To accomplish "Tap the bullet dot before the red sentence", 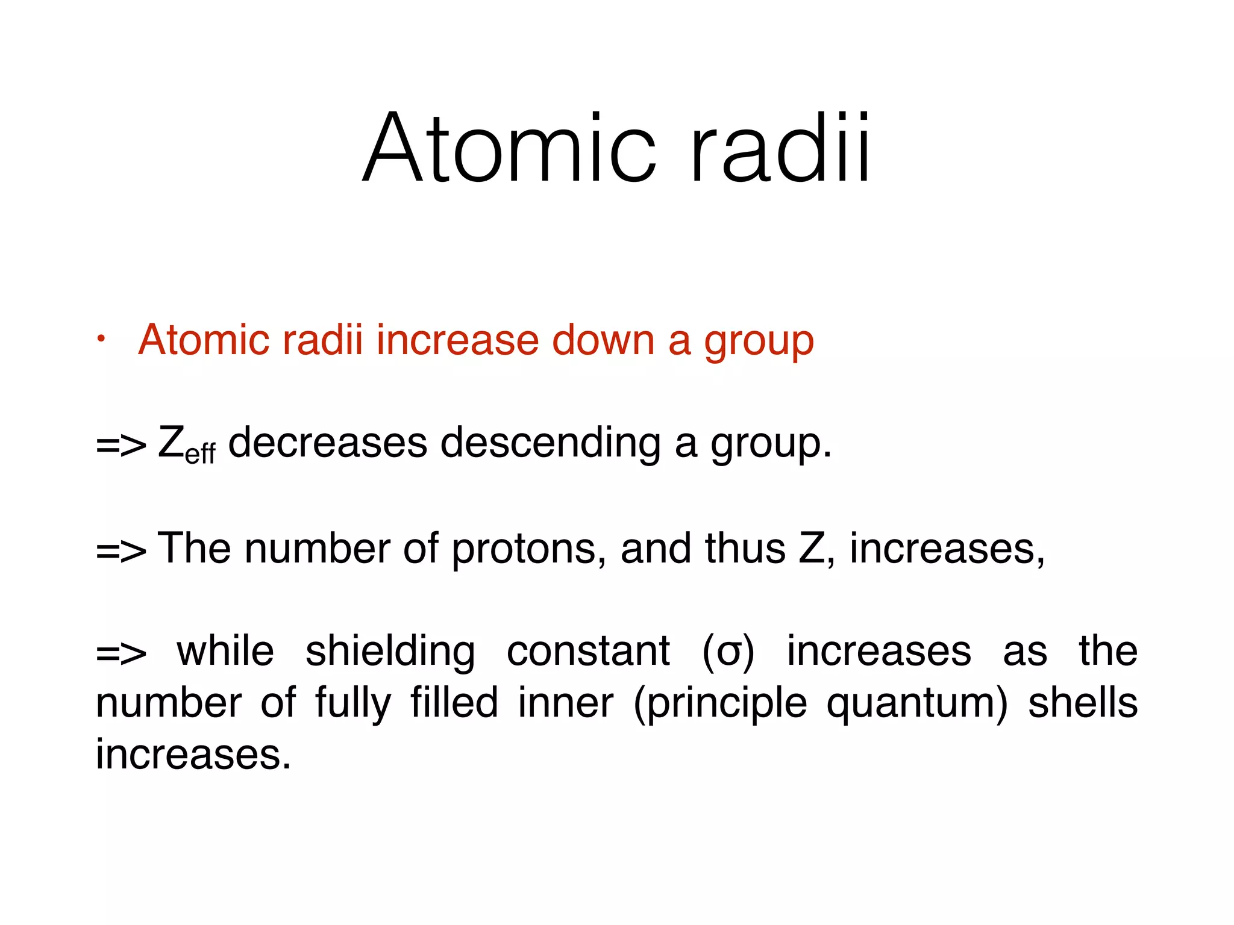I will point(102,340).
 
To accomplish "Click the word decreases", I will point(328,443).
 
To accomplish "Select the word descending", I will point(551,444).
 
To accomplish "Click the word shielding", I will point(390,652).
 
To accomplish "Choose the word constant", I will point(588,652).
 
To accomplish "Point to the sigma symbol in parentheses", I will point(728,653).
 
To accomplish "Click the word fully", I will point(353,703).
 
